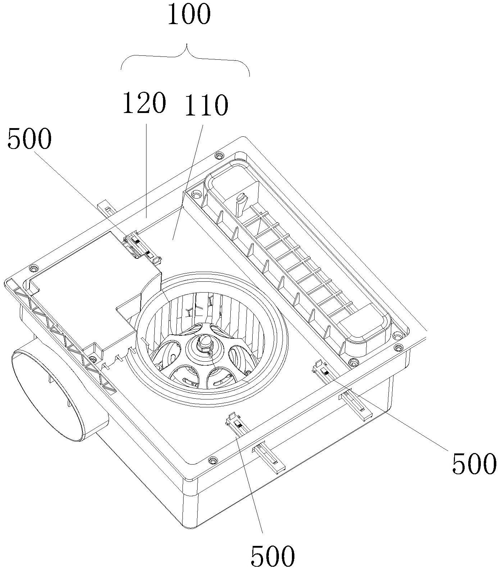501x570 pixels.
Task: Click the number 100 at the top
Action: [189, 15]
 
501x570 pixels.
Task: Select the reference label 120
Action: [144, 103]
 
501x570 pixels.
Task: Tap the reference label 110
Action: [206, 105]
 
